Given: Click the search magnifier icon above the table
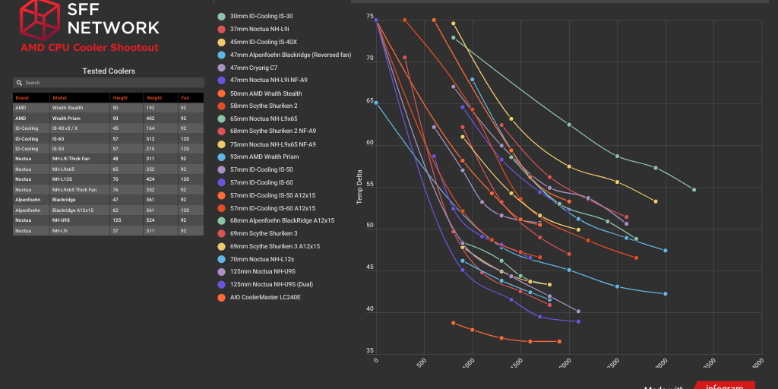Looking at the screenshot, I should click(20, 82).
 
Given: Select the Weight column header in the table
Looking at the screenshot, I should click(154, 98).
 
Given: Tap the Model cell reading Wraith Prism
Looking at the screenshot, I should click(66, 118).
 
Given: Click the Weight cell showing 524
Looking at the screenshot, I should click(152, 220).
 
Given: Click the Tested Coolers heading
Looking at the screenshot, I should click(109, 71).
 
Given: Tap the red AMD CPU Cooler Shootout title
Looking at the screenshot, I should click(90, 47).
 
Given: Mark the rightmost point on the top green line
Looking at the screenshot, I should click(694, 189).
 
